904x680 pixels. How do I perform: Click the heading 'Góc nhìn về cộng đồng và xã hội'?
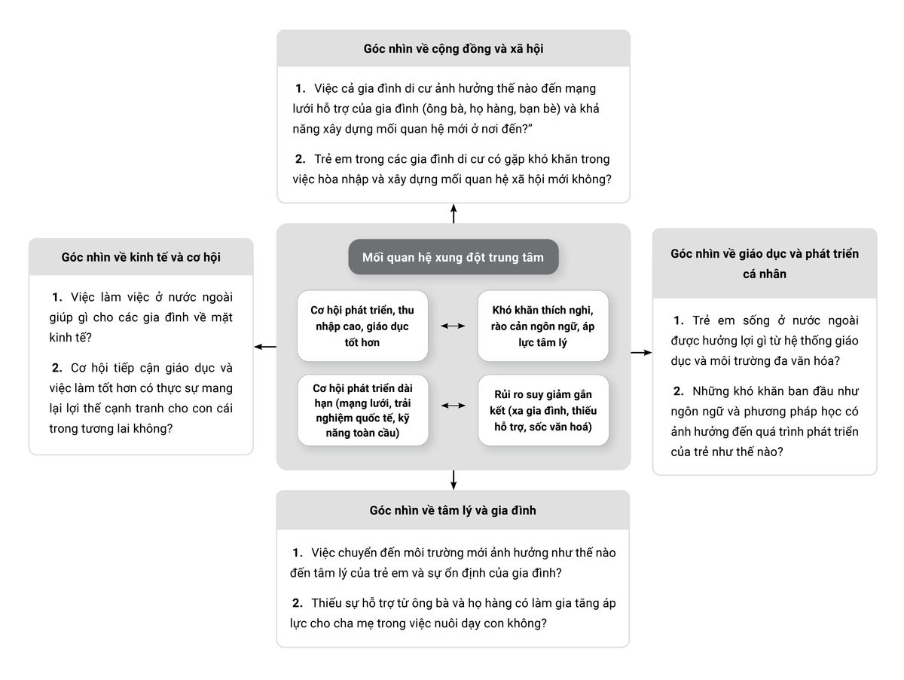pyautogui.click(x=453, y=49)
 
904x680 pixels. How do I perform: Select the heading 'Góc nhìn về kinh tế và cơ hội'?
pyautogui.click(x=141, y=257)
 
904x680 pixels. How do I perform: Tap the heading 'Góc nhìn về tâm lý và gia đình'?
pyautogui.click(x=453, y=510)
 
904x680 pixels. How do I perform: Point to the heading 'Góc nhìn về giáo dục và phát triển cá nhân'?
pyautogui.click(x=765, y=264)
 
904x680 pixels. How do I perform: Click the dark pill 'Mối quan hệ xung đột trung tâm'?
pyautogui.click(x=453, y=257)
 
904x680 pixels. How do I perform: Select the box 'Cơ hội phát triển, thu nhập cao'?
pyautogui.click(x=362, y=326)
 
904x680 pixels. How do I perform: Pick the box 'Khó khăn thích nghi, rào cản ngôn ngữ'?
pyautogui.click(x=543, y=326)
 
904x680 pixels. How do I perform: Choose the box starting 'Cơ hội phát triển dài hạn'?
pyautogui.click(x=362, y=410)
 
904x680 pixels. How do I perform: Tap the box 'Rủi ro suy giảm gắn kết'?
pyautogui.click(x=543, y=410)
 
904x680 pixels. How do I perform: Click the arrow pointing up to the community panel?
pyautogui.click(x=454, y=213)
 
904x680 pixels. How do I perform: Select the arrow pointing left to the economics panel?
pyautogui.click(x=265, y=347)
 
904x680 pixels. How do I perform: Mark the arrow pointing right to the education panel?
pyautogui.click(x=641, y=352)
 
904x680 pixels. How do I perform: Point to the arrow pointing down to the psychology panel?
pyautogui.click(x=454, y=480)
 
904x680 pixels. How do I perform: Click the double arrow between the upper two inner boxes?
pyautogui.click(x=453, y=326)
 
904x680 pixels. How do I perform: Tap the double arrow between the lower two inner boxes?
pyautogui.click(x=453, y=406)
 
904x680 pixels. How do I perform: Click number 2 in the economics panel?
pyautogui.click(x=56, y=368)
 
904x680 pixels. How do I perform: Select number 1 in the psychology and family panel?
pyautogui.click(x=298, y=553)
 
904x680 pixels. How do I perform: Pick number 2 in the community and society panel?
pyautogui.click(x=301, y=159)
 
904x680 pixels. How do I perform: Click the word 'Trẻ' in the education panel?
pyautogui.click(x=701, y=320)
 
